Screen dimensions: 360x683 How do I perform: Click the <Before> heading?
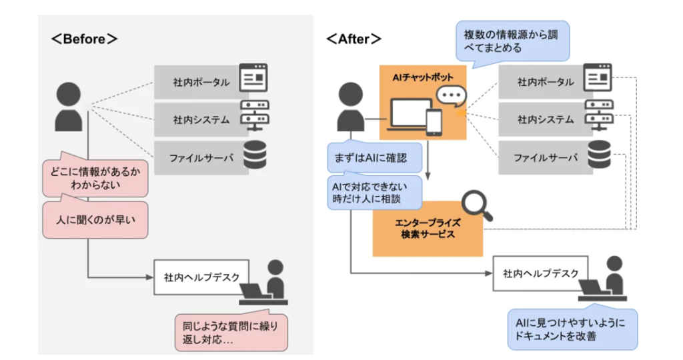coord(85,39)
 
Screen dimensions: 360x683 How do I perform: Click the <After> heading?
coord(354,39)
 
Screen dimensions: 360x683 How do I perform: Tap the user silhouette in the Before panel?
coord(69,107)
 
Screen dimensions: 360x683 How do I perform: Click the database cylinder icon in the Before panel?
coord(253,155)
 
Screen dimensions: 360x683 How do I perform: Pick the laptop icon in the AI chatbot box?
coord(407,114)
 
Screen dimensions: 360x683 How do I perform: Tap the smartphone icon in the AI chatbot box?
coord(434,121)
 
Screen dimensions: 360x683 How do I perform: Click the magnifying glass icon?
coord(478,207)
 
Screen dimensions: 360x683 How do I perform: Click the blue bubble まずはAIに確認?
coord(376,158)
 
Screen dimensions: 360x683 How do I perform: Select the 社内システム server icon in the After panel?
coord(598,116)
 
